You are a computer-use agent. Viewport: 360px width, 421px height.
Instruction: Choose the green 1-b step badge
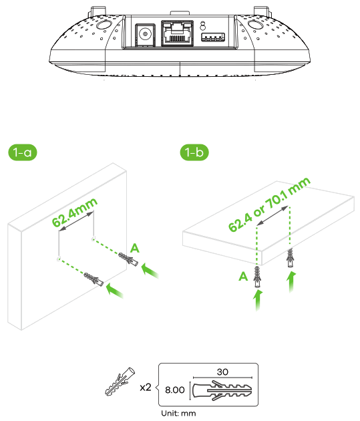194,152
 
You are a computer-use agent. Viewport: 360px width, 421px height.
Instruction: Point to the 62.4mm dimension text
75,213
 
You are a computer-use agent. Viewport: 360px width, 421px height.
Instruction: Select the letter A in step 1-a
134,248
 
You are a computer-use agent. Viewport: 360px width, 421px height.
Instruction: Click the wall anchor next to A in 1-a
127,259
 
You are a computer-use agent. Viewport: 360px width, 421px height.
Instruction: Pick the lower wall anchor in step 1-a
93,280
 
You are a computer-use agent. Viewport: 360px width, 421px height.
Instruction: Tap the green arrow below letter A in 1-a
152,270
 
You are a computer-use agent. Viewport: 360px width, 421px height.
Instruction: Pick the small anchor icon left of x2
119,383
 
